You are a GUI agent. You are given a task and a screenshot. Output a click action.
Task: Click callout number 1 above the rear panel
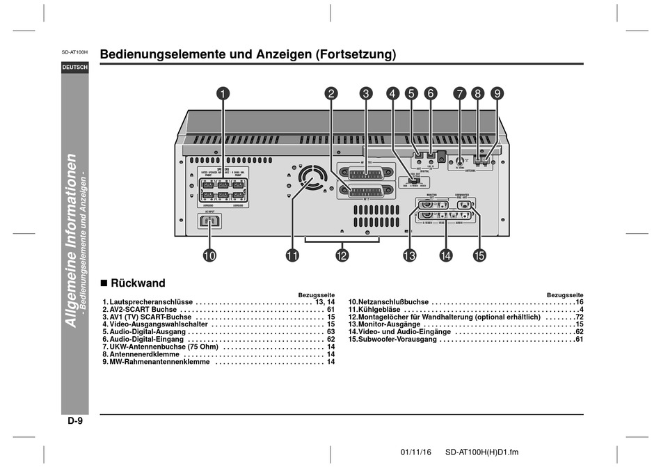tap(223, 93)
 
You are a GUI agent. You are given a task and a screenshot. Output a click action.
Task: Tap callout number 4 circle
tap(392, 93)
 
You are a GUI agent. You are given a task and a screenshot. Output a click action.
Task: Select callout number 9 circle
tap(497, 93)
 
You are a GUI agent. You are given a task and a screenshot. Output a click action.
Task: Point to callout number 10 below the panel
tap(209, 255)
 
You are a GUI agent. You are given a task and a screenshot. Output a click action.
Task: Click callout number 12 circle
tap(342, 255)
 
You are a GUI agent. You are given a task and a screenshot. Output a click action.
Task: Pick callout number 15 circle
tap(479, 255)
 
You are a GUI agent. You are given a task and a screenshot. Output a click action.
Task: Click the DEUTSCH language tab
tap(74, 68)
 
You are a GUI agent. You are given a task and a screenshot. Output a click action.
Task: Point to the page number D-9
tap(74, 421)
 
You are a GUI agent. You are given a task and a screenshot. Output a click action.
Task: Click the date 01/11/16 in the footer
tap(416, 452)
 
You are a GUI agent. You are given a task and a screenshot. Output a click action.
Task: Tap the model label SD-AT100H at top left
tap(74, 53)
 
